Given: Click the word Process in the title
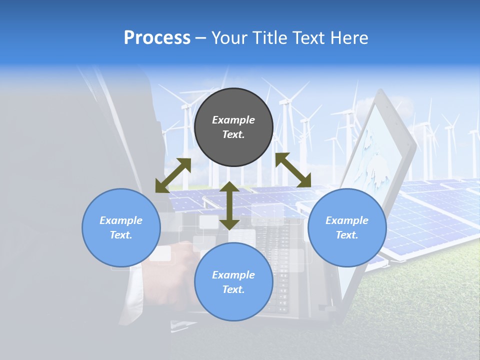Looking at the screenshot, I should coord(157,38).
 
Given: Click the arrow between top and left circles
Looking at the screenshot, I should coord(173,175).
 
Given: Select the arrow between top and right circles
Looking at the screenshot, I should coord(293,170).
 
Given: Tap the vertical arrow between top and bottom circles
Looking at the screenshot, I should coord(229,205).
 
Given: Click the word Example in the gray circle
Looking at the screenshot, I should coord(233,120).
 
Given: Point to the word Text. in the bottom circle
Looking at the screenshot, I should coord(233,289).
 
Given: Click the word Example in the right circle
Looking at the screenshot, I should coord(347,220).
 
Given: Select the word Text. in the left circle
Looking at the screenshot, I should coord(121,235).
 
